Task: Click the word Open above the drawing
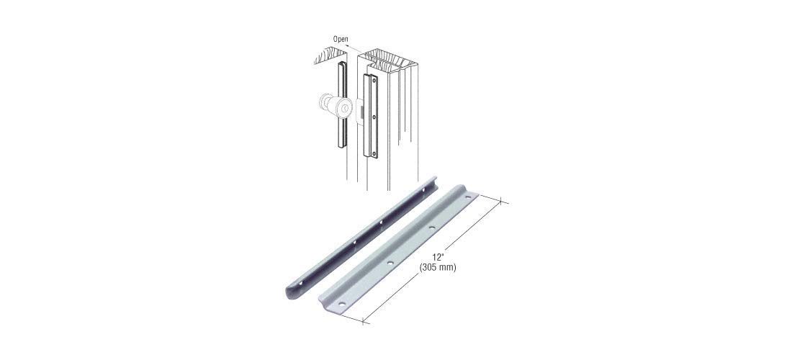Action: (x=341, y=39)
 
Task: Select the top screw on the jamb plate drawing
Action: (x=373, y=78)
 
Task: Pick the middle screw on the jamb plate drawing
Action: (x=374, y=116)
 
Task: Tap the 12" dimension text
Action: (x=438, y=258)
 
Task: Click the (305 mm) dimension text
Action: (x=438, y=268)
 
